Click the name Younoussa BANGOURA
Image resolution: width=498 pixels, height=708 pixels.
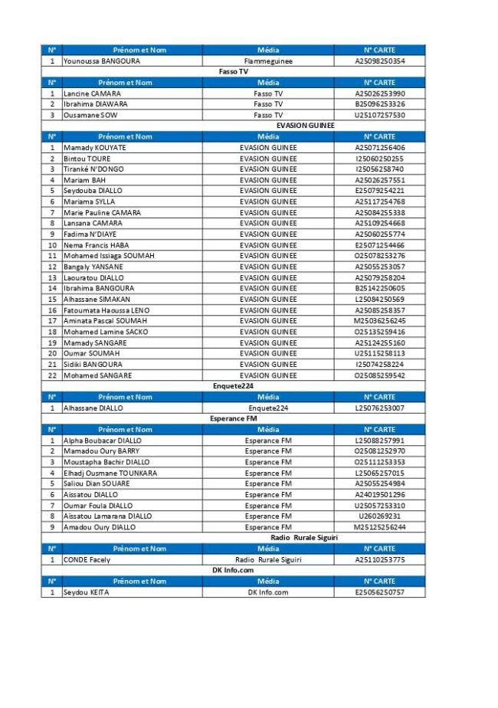coord(102,61)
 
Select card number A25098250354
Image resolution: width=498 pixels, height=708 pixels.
coord(380,61)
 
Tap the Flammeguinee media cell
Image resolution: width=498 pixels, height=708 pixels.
coord(268,61)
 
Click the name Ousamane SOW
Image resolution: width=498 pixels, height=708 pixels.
coord(90,115)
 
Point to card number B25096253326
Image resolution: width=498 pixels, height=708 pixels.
coord(380,104)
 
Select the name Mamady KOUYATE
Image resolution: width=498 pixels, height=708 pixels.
coord(95,147)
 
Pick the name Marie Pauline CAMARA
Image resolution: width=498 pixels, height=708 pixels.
coord(102,212)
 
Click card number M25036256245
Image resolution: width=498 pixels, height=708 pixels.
coord(380,321)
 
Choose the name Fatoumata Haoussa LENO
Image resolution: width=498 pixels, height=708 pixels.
coord(106,310)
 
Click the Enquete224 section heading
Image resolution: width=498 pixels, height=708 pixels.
coord(233,386)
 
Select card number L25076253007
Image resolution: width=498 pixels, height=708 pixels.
coord(380,408)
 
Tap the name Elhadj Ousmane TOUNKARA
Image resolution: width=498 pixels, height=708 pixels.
coord(110,474)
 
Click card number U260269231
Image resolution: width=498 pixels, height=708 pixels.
coord(380,516)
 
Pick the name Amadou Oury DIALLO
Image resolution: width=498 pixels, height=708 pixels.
coord(100,527)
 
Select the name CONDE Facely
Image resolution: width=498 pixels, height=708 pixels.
coord(87,560)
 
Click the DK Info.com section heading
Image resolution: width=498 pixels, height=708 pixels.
coord(233,571)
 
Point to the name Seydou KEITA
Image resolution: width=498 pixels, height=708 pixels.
coord(86,592)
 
